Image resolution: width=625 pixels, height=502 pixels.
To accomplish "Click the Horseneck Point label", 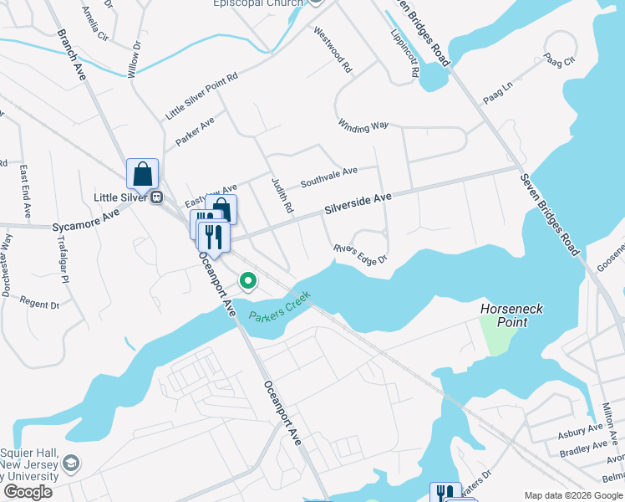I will tap(511, 315).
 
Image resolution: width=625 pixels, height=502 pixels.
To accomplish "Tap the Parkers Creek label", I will tap(279, 307).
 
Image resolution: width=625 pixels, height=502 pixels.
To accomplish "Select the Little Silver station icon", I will tap(156, 197).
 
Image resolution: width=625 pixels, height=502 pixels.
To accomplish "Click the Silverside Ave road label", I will tap(358, 203).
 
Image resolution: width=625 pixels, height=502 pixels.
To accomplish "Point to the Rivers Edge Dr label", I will tap(361, 254).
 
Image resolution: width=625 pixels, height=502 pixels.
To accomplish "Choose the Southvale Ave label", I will tap(328, 176).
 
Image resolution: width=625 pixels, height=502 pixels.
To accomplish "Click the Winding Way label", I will tap(363, 125).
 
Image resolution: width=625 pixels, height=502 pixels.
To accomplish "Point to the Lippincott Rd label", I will tap(404, 54).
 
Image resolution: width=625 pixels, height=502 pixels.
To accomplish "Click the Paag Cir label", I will tap(560, 60).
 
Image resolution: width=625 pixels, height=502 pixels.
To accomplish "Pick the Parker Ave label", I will tap(195, 132).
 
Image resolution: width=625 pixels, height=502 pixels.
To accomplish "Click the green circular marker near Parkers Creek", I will tap(247, 281).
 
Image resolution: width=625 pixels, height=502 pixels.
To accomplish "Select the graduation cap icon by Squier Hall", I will tap(71, 463).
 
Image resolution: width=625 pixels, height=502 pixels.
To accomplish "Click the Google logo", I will tap(28, 492).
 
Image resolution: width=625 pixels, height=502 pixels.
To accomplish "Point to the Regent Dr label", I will tap(39, 304).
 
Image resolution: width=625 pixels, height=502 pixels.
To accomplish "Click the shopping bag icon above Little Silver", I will tap(143, 174).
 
